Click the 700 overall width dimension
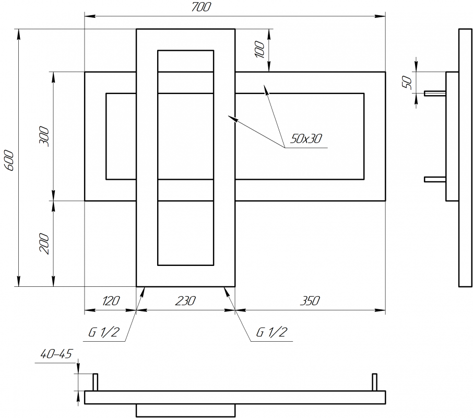[x=200, y=7]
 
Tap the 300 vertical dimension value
[x=44, y=136]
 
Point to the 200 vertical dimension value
[x=44, y=243]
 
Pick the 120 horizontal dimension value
[x=111, y=301]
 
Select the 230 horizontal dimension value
[x=185, y=301]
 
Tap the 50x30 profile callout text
[x=306, y=139]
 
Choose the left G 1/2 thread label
[x=103, y=333]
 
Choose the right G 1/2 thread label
[x=271, y=333]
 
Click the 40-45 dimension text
[x=55, y=354]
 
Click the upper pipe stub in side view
[x=435, y=93]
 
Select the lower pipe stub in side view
[x=435, y=179]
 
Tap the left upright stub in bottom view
[x=95, y=382]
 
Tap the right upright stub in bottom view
[x=374, y=382]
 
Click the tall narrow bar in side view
[x=465, y=157]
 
